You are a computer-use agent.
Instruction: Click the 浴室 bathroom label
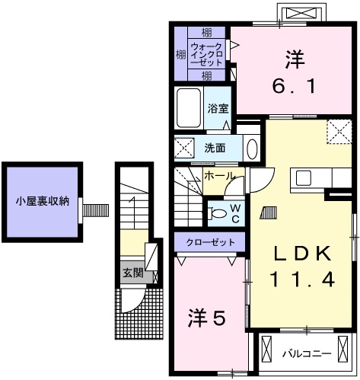coord(218,108)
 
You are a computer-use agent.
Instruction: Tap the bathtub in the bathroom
coord(187,109)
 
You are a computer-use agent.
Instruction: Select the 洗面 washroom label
coord(215,148)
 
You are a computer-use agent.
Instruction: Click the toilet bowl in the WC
coord(218,213)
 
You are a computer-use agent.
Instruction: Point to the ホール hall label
coord(220,176)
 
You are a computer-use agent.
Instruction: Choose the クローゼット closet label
coord(209,243)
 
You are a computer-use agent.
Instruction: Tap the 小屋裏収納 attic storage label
coord(43,202)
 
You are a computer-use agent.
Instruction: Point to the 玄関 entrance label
coord(133,272)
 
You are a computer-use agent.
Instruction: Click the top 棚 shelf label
coord(207,33)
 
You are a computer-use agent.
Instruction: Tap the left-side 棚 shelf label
coord(180,54)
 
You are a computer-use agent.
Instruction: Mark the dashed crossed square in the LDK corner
coord(336,131)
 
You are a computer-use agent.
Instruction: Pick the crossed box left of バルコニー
coord(266,352)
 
